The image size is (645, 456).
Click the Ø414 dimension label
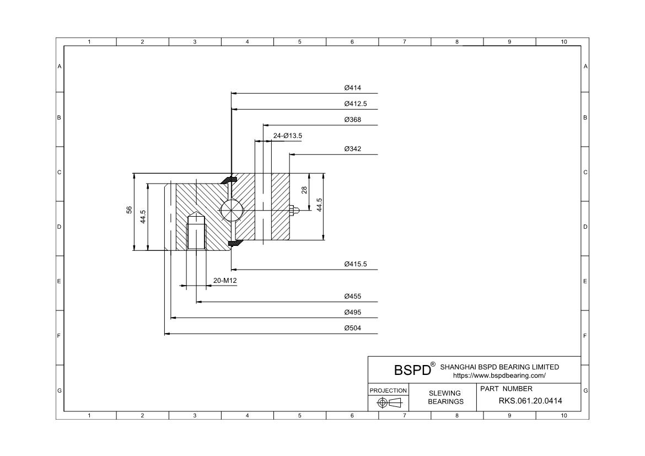tap(352, 88)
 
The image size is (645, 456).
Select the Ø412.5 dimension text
tap(355, 104)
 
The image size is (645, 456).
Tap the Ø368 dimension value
tap(352, 120)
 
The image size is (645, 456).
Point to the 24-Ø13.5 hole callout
tap(287, 136)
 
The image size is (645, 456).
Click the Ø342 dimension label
tap(352, 149)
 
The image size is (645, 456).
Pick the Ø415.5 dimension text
tap(355, 265)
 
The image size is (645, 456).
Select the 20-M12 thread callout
tap(225, 281)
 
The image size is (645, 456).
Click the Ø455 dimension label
tap(352, 297)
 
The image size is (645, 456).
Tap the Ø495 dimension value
tap(352, 313)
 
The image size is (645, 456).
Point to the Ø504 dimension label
tap(352, 328)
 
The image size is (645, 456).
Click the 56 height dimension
tap(129, 210)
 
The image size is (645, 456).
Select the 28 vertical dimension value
tap(304, 190)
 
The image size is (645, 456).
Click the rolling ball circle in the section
tap(230, 210)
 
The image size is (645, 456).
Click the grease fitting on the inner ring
tap(294, 210)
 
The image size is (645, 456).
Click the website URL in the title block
tap(499, 375)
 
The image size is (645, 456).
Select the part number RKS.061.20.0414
tap(530, 401)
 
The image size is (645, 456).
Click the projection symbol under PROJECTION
tap(389, 403)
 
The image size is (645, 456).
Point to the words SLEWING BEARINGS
tap(445, 398)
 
